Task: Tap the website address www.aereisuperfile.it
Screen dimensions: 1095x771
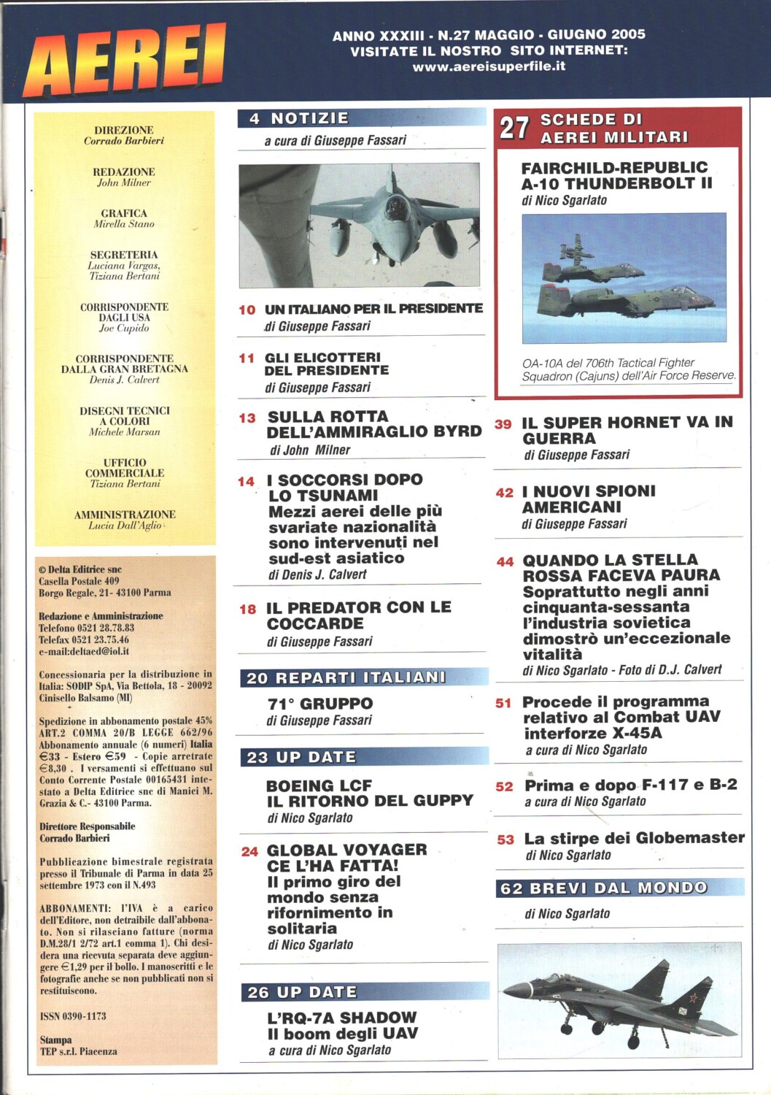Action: [x=489, y=66]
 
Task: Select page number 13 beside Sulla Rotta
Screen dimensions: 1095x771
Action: [x=247, y=418]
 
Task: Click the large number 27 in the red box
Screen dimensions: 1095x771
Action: [x=514, y=128]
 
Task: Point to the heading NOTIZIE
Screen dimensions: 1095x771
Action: [x=309, y=118]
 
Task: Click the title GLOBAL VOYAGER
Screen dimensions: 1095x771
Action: [x=346, y=850]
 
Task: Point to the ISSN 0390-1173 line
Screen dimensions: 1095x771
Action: [x=73, y=1015]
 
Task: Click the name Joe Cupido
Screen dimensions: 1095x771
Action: [x=124, y=328]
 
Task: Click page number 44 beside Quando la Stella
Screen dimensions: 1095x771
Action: [x=505, y=562]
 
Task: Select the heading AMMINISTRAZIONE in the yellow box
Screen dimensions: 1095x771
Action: [x=125, y=515]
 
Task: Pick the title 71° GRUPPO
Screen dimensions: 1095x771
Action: [x=319, y=704]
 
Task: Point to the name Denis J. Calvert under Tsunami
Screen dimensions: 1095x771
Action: [x=317, y=575]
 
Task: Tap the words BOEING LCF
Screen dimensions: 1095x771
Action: [x=319, y=785]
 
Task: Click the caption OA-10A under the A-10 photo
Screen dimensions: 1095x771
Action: [x=541, y=363]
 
